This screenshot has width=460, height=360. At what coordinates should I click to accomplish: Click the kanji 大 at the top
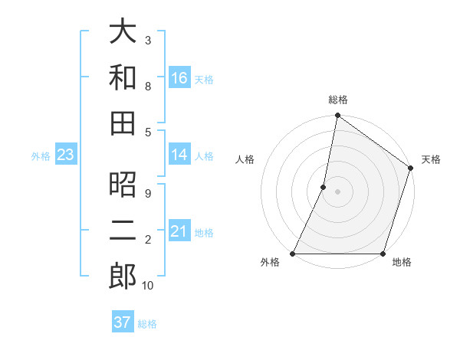click(x=123, y=31)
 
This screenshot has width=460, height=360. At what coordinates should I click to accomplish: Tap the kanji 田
click(x=123, y=123)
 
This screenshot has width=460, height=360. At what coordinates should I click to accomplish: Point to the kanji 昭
click(x=123, y=185)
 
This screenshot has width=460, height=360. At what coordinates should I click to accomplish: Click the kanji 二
click(x=123, y=230)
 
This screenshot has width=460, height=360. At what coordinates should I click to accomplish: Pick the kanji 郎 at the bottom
click(x=123, y=276)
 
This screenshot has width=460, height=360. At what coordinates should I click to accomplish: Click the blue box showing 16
click(x=179, y=78)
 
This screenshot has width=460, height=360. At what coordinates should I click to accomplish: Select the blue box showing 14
click(x=179, y=155)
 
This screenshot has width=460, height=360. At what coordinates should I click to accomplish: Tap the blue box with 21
click(x=179, y=231)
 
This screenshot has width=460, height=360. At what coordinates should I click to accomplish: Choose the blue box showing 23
click(x=66, y=155)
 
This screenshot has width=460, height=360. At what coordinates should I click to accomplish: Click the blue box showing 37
click(x=122, y=322)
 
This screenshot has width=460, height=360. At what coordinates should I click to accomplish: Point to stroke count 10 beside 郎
click(x=148, y=286)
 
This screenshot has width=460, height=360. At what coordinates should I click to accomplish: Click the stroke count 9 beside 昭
click(x=148, y=193)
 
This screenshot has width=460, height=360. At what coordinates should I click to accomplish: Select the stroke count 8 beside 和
click(x=148, y=86)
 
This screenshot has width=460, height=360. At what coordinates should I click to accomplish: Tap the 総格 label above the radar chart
click(x=338, y=100)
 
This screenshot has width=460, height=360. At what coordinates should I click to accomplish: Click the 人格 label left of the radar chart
click(x=245, y=159)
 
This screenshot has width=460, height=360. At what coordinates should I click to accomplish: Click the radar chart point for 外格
click(x=293, y=254)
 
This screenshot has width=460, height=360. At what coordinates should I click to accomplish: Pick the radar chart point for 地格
click(x=383, y=254)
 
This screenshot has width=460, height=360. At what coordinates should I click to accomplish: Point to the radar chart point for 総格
click(x=337, y=116)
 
